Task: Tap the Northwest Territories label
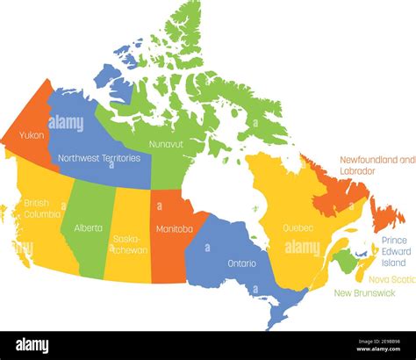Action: (98, 159)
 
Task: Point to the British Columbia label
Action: (42, 207)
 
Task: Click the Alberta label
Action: (89, 227)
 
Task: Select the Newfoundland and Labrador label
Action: (376, 166)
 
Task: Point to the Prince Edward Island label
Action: (393, 251)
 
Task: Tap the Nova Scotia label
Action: (391, 279)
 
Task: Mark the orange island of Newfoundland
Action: (387, 213)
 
